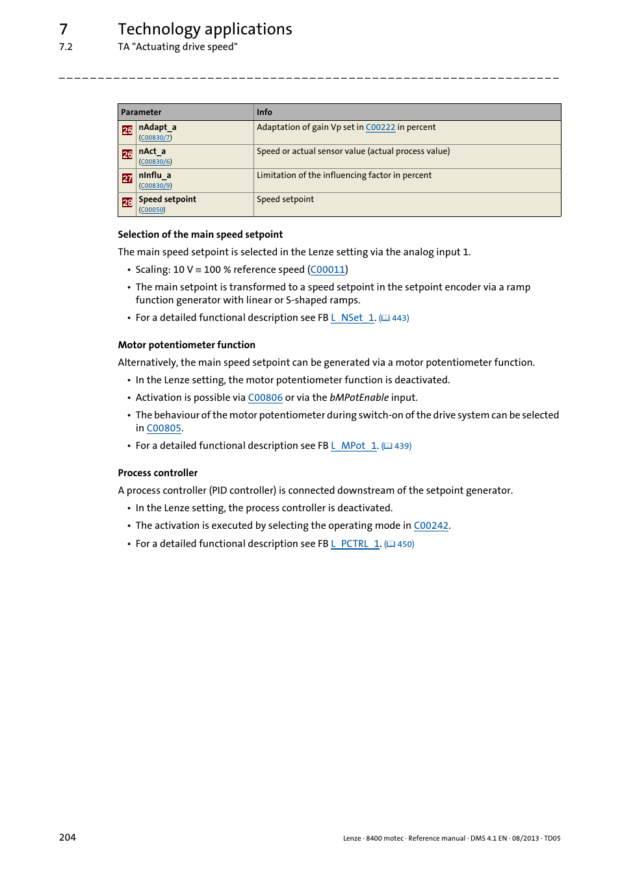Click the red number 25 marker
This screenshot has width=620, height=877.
(127, 131)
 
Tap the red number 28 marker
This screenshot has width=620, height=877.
(127, 203)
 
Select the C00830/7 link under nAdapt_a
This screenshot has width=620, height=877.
(155, 138)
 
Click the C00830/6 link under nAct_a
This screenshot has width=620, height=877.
(155, 162)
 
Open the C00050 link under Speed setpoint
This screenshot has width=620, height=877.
(152, 210)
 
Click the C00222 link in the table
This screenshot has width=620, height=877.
(380, 127)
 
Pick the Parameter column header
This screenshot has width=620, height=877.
(141, 112)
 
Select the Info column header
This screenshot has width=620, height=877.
(265, 112)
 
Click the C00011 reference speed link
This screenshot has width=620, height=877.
(328, 270)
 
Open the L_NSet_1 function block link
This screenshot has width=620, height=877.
(353, 318)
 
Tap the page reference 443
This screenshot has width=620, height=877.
(400, 318)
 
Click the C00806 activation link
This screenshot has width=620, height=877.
(265, 398)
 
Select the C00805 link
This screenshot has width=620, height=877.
(164, 428)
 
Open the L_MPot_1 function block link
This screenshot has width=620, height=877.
(354, 446)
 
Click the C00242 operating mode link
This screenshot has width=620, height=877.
(431, 526)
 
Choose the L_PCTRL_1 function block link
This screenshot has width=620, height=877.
(355, 544)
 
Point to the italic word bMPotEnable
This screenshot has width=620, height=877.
(359, 398)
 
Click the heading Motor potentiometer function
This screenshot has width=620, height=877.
(187, 345)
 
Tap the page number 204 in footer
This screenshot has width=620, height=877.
(68, 837)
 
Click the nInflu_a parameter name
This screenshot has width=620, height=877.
(155, 175)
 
